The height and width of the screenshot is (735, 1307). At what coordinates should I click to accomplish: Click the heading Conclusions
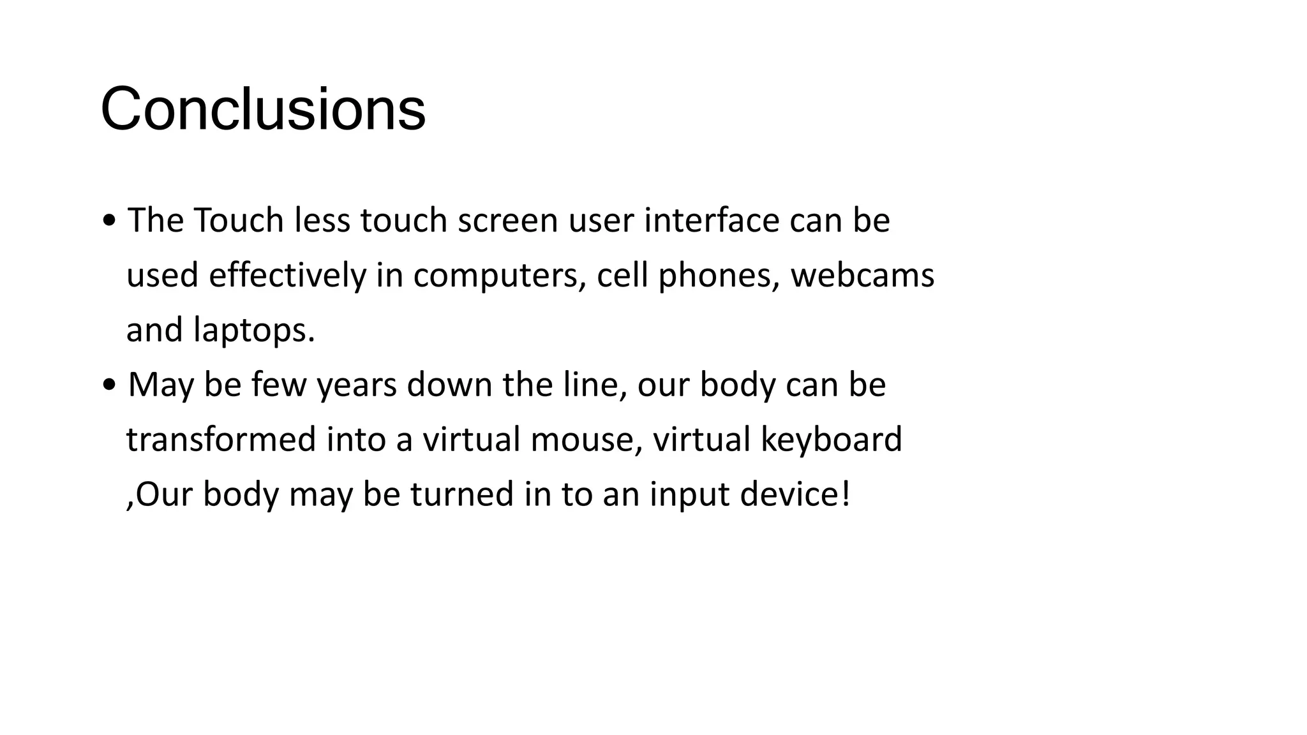click(x=263, y=109)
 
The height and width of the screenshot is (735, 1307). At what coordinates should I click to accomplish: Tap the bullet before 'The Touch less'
click(x=109, y=221)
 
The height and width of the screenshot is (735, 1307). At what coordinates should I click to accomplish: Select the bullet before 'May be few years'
click(x=109, y=385)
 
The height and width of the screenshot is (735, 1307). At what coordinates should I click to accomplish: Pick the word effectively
click(x=287, y=276)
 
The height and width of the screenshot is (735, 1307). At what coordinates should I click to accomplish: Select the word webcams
click(x=862, y=276)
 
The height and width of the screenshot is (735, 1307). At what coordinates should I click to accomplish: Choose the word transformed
click(x=221, y=440)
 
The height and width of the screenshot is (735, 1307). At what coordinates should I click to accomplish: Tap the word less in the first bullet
click(x=322, y=221)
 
